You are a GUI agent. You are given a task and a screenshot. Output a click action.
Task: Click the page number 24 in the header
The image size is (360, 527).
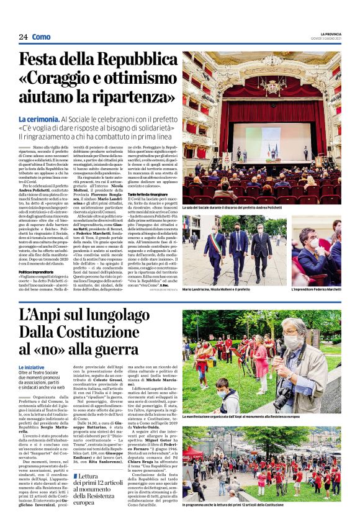pyautogui.click(x=23, y=37)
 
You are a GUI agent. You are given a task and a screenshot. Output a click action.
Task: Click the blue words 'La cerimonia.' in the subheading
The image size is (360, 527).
pyautogui.click(x=38, y=119)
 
